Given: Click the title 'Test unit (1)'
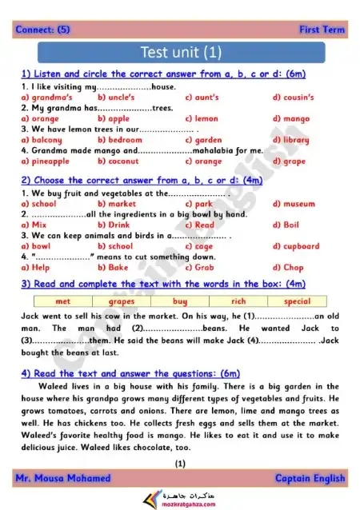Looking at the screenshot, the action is (x=179, y=54).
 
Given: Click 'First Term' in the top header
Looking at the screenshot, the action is (x=322, y=30).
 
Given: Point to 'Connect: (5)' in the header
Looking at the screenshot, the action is (x=42, y=30).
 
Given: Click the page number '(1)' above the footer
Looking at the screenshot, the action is (x=180, y=463).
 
